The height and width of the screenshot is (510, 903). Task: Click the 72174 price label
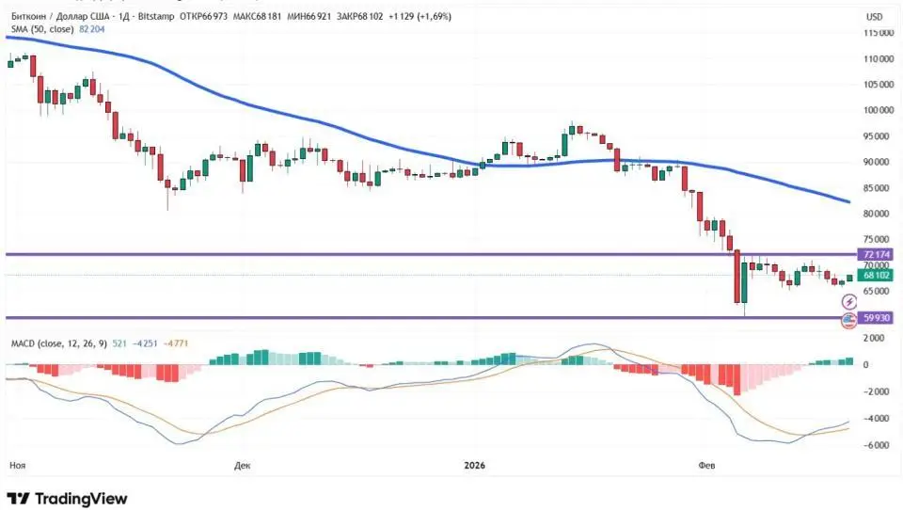pyautogui.click(x=874, y=254)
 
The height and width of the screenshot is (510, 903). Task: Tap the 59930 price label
pyautogui.click(x=875, y=318)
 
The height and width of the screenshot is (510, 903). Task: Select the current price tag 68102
pyautogui.click(x=875, y=276)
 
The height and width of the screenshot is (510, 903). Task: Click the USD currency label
pyautogui.click(x=874, y=17)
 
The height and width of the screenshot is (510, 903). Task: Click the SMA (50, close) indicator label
pyautogui.click(x=42, y=30)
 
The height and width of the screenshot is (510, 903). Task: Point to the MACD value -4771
pyautogui.click(x=177, y=344)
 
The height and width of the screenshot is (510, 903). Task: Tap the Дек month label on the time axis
pyautogui.click(x=242, y=465)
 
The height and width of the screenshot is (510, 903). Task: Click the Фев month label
pyautogui.click(x=706, y=465)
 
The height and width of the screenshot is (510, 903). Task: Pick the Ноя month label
pyautogui.click(x=16, y=465)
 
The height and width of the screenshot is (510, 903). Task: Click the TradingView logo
pyautogui.click(x=67, y=499)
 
